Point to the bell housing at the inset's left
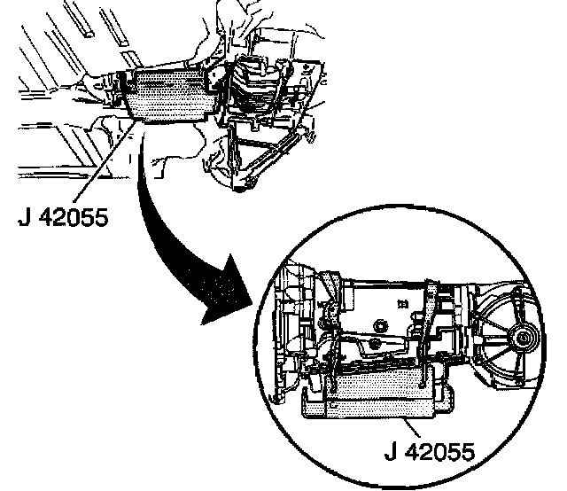pos(293,337)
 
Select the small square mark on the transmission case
pos(404,302)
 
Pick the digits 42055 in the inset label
pos(439,453)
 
